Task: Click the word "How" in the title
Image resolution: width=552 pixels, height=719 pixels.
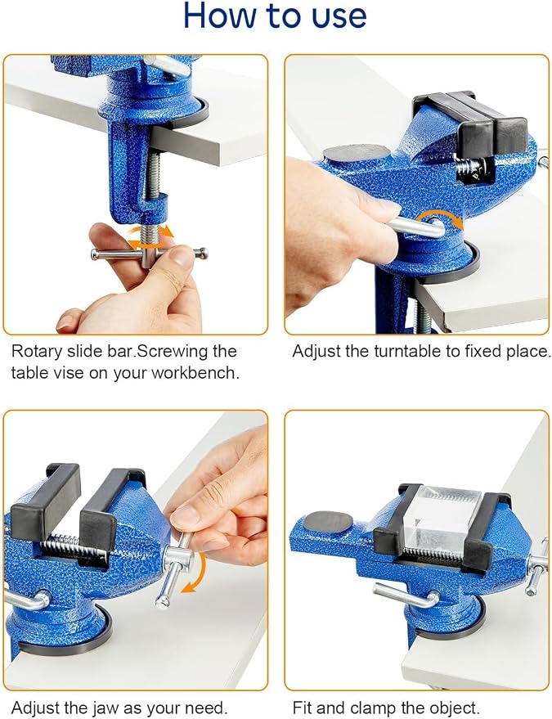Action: pyautogui.click(x=220, y=16)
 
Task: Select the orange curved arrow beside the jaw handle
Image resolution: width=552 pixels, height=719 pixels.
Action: pyautogui.click(x=195, y=573)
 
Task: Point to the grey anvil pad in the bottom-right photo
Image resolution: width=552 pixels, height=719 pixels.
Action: pyautogui.click(x=328, y=522)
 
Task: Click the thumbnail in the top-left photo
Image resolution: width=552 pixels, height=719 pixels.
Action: pyautogui.click(x=182, y=257)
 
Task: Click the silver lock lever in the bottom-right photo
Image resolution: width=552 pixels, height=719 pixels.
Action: pyautogui.click(x=406, y=596)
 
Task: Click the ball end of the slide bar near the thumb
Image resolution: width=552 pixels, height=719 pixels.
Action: pyautogui.click(x=204, y=253)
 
